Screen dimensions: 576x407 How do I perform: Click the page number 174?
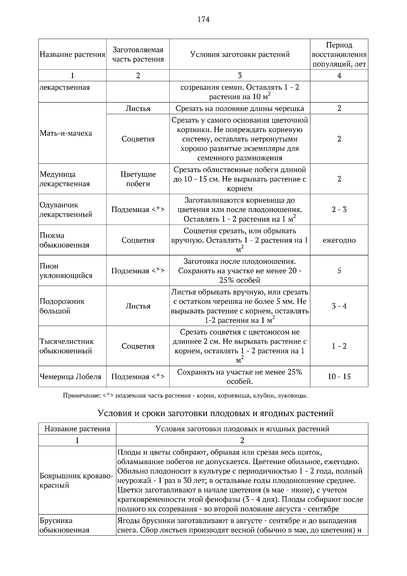[x=203, y=19]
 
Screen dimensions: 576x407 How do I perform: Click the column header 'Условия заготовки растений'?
[x=239, y=55]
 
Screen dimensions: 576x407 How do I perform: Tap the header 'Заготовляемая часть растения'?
[x=138, y=55]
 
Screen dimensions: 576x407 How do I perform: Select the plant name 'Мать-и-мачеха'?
[x=65, y=133]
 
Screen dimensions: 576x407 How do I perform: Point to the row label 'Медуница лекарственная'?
[x=64, y=179]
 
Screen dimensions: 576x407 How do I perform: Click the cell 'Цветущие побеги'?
[x=138, y=179]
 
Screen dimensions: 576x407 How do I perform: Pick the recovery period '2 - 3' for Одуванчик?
[x=339, y=210]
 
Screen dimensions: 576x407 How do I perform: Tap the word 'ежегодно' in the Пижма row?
[x=339, y=241]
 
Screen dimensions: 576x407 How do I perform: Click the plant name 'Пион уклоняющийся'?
[x=66, y=271]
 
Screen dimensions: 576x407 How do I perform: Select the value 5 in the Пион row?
[x=339, y=271]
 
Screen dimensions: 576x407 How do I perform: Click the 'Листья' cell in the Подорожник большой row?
[x=138, y=306]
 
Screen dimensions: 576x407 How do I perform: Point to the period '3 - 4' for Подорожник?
[x=339, y=306]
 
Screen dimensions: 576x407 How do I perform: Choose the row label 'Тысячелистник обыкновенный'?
[x=66, y=346]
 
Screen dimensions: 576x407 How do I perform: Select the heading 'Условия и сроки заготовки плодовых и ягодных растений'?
[x=216, y=414]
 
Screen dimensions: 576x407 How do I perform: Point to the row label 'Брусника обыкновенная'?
[x=64, y=525]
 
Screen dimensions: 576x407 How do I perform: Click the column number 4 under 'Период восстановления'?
[x=339, y=76]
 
